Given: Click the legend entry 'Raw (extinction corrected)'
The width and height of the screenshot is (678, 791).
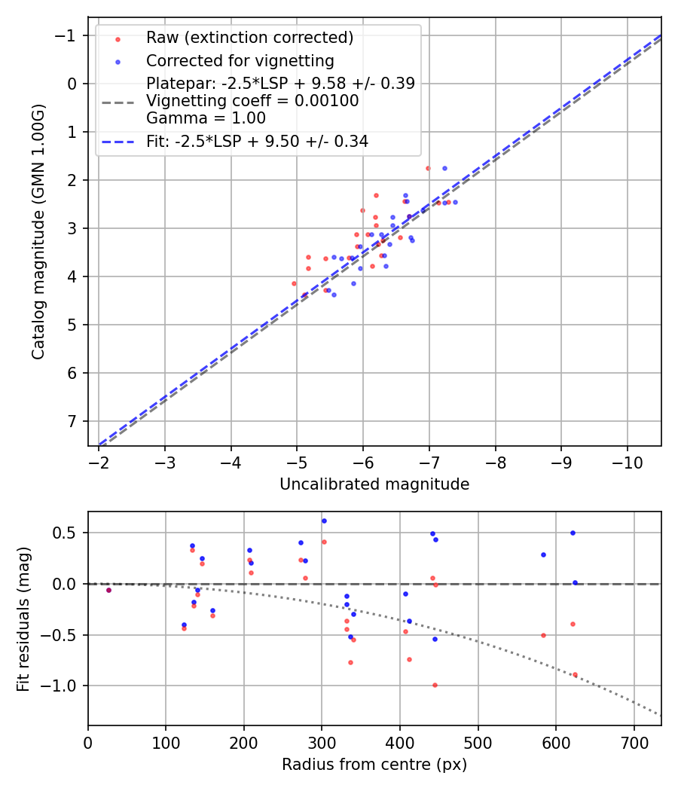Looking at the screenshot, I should pos(249,38).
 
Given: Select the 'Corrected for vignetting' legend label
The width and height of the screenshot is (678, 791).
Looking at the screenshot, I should pos(240,60).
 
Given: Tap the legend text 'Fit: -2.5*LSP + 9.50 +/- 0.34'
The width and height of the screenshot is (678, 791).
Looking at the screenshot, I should pos(257,141).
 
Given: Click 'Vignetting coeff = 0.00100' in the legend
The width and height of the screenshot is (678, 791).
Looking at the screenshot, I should pos(252,101).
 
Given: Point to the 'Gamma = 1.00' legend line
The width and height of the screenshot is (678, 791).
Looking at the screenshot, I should pos(206,118).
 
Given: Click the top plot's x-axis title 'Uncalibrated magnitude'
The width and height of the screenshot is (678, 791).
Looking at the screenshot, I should pos(374,484).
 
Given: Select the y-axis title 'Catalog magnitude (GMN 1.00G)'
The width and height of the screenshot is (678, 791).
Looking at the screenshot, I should pos(38,232).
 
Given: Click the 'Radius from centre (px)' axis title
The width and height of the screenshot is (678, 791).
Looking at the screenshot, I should pos(374,765).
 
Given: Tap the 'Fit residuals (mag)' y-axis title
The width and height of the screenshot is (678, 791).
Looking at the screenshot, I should pos(23,618).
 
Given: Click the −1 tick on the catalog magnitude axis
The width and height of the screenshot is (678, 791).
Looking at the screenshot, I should pos(69,35).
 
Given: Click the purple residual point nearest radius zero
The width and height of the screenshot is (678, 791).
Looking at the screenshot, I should pos(108,590).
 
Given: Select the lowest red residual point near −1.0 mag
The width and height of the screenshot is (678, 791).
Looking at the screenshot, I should pos(435,685).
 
